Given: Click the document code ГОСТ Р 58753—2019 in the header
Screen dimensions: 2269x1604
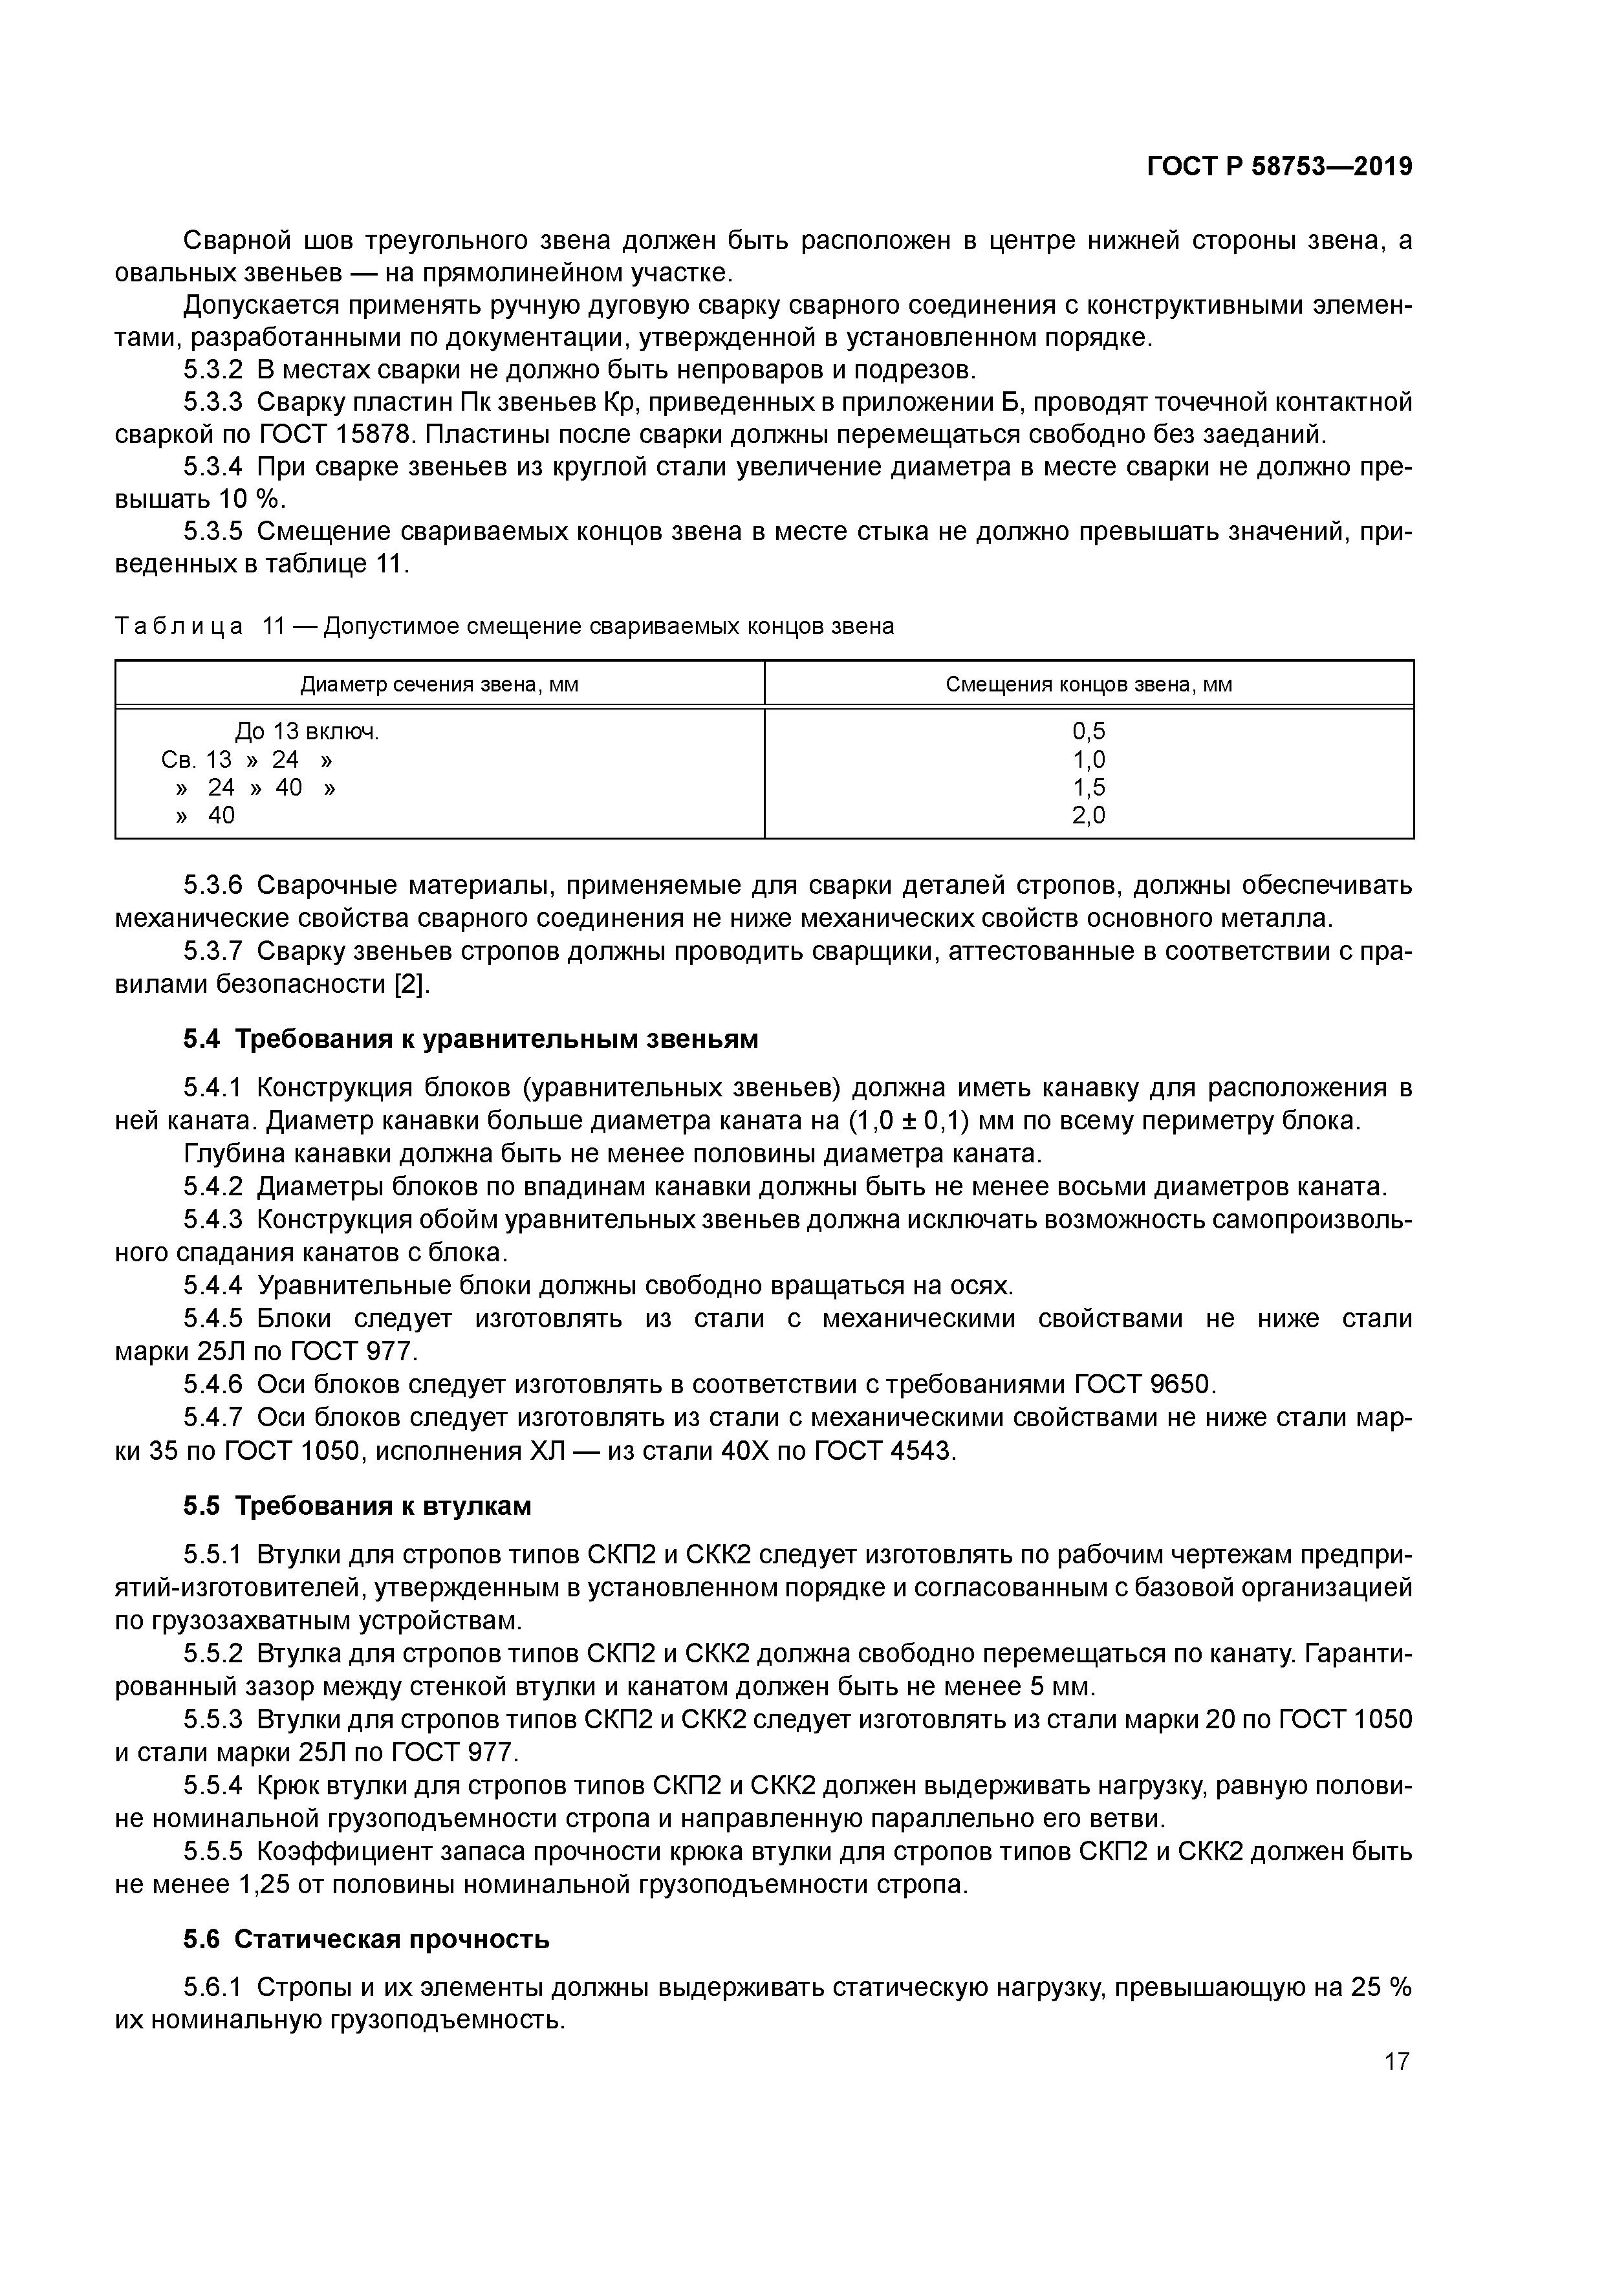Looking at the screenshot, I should tap(1279, 167).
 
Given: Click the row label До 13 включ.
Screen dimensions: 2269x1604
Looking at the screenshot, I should tap(307, 732).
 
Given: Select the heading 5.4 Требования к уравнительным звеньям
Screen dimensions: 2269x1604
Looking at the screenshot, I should tap(470, 1039).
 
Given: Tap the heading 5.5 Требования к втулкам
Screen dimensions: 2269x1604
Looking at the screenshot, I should tap(357, 1506).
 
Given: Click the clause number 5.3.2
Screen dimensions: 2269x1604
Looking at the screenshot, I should tap(213, 371).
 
